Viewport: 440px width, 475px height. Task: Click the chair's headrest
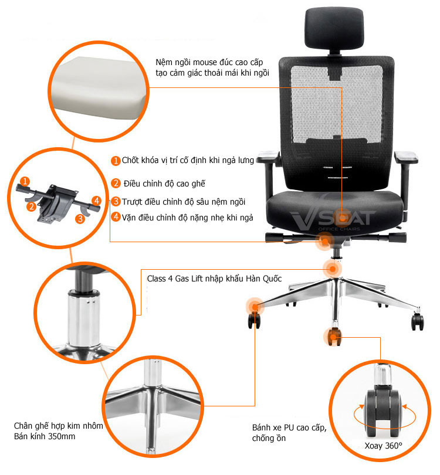(x=334, y=28)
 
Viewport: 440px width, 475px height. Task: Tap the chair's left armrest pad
(x=268, y=158)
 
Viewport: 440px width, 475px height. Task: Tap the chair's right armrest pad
(x=406, y=157)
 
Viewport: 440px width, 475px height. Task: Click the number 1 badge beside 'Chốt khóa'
(x=116, y=161)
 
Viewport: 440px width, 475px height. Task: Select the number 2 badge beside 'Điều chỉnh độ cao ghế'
(x=116, y=184)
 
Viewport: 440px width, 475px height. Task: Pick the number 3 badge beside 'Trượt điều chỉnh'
(x=116, y=201)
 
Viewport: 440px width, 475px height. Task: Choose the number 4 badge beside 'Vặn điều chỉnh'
(x=116, y=217)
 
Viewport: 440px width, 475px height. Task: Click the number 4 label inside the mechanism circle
(x=96, y=201)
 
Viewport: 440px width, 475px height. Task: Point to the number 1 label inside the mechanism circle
(x=25, y=181)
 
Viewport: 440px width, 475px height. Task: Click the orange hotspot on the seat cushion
(x=342, y=218)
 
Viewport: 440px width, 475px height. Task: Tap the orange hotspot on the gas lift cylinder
(x=333, y=269)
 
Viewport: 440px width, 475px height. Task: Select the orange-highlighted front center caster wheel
(x=333, y=337)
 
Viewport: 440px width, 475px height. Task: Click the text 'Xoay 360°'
(x=383, y=446)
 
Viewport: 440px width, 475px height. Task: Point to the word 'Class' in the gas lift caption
(x=157, y=279)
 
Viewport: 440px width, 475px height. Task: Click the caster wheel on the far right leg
(x=417, y=321)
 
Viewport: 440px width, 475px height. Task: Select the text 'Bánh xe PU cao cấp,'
(x=289, y=428)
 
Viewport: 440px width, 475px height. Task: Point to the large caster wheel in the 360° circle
(x=383, y=412)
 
